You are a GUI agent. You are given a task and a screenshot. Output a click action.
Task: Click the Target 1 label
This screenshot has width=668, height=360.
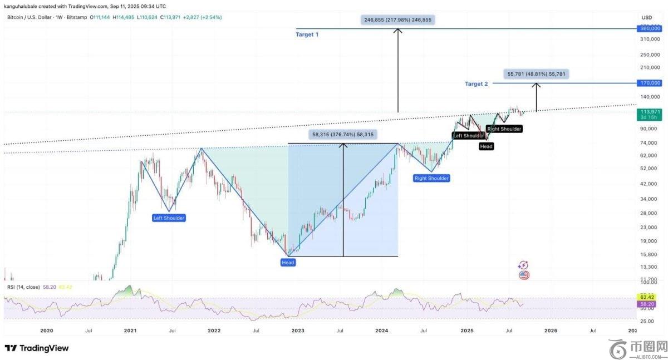pos(307,34)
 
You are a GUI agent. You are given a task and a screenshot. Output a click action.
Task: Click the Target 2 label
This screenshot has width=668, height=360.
pos(476,84)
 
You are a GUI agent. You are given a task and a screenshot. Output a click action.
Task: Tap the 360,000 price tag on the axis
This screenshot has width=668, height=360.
pos(650,28)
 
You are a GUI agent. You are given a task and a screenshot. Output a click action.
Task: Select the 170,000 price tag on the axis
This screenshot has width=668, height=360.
pos(650,83)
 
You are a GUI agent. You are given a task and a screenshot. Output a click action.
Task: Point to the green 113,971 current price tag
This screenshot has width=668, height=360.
pos(650,112)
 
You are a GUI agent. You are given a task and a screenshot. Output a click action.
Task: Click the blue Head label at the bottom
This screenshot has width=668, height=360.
pos(288,262)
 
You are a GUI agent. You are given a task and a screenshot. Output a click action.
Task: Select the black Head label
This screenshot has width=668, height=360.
pos(486,146)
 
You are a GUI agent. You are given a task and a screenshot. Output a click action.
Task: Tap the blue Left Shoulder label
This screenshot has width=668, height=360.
pos(169,218)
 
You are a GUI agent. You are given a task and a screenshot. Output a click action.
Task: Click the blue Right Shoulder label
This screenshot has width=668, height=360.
pos(431,178)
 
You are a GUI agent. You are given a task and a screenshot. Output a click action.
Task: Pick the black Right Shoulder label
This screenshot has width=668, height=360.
pos(504,129)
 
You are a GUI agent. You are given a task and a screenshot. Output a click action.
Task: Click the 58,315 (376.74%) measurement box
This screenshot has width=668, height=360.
pos(343,135)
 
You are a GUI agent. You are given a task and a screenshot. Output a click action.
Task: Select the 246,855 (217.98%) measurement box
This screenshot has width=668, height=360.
pos(397,19)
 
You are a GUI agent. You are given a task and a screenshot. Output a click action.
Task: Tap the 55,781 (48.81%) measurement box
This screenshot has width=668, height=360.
pos(538,73)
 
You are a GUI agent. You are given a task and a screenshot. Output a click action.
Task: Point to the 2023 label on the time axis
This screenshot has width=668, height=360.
pos(298,331)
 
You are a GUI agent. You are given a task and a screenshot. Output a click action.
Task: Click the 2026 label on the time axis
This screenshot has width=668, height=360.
pos(550,331)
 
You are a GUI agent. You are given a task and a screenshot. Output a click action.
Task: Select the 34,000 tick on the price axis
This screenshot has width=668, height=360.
pos(649,199)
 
